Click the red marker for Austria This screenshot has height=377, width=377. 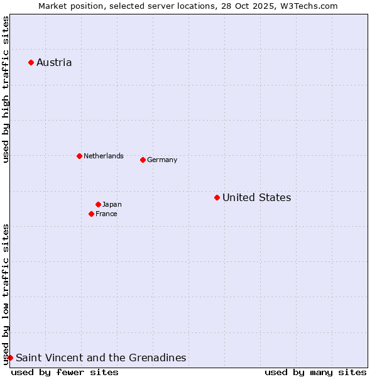coord(31,62)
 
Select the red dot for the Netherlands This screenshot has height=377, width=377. coord(79,156)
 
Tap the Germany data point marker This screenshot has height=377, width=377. coord(143,160)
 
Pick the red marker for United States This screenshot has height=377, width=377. coord(217,197)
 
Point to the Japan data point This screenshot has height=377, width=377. coord(98,204)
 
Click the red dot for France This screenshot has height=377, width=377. coord(91,214)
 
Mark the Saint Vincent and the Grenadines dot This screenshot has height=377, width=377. coord(10,358)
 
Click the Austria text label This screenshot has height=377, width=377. coord(54,62)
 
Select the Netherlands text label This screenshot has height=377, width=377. coord(104,156)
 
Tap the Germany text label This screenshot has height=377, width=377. coord(162,160)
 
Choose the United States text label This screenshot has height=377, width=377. coord(256,197)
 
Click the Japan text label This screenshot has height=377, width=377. coord(112,204)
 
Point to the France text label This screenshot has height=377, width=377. coord(106,214)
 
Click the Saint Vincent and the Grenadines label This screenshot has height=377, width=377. coord(101,358)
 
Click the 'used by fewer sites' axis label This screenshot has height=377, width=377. coord(65,372)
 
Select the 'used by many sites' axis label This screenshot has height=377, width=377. coord(315,372)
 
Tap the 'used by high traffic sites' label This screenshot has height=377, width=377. coord(6,89)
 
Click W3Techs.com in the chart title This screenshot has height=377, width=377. coord(309,6)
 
